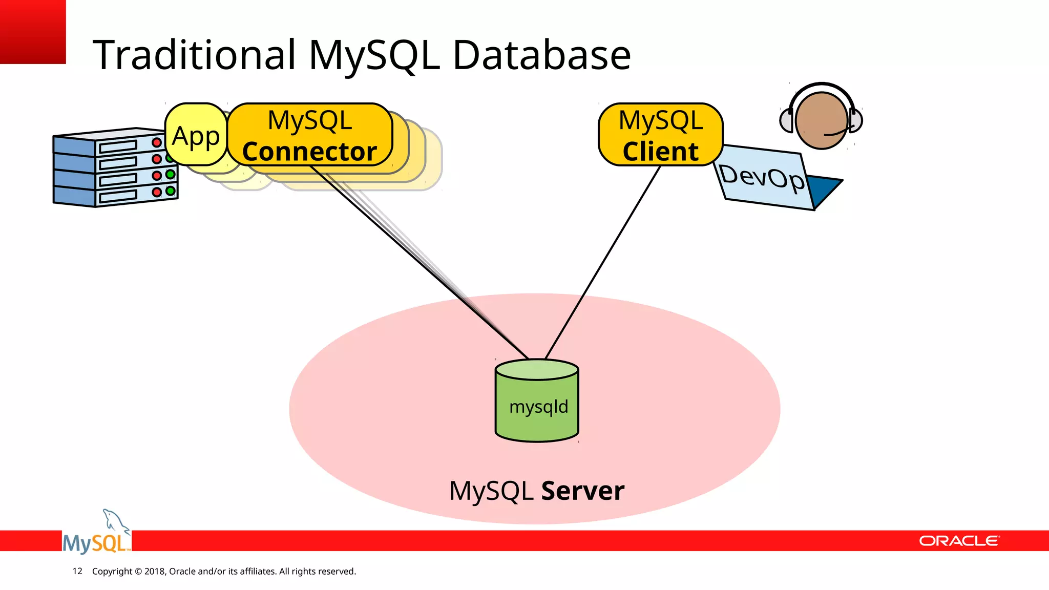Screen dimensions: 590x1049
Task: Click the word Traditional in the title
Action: click(x=195, y=55)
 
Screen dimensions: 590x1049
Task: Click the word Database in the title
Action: click(x=541, y=55)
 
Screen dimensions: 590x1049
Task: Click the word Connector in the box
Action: click(x=309, y=152)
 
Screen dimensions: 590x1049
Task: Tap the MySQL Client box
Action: click(x=660, y=135)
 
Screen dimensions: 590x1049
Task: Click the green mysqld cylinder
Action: click(x=537, y=405)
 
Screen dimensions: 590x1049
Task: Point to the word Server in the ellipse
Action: click(x=582, y=491)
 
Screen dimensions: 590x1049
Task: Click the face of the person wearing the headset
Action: click(x=821, y=121)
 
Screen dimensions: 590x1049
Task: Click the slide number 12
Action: click(x=77, y=571)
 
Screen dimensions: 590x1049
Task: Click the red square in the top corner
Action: click(x=32, y=31)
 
